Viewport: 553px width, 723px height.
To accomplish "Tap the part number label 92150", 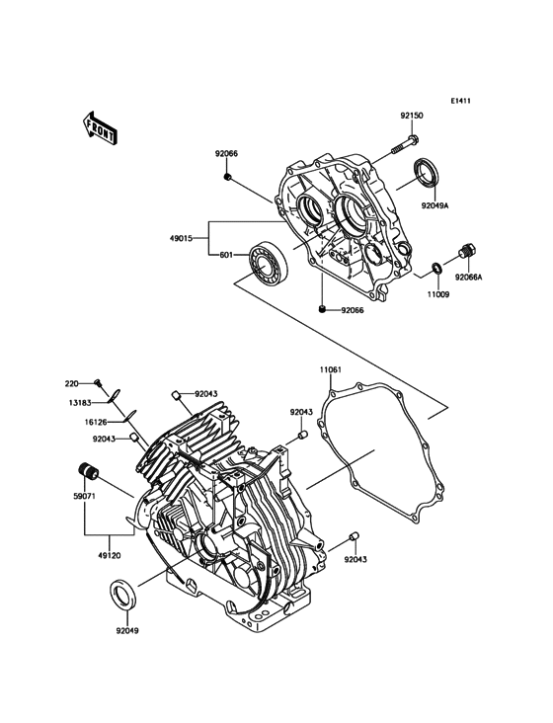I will [x=412, y=116].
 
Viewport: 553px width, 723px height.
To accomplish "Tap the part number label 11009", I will [x=438, y=293].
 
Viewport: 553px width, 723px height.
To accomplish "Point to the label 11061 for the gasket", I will [x=331, y=372].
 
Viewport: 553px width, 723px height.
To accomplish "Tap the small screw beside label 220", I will [x=99, y=382].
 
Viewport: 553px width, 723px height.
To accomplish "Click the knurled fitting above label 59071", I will [x=86, y=468].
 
